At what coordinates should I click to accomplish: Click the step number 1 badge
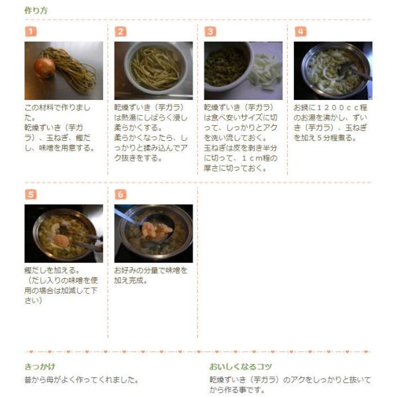[30, 32]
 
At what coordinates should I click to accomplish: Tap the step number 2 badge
[120, 32]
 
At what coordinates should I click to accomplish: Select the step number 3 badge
[210, 32]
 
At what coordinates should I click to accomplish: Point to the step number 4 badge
[300, 32]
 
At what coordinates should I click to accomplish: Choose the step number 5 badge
[30, 195]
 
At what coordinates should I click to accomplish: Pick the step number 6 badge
[120, 195]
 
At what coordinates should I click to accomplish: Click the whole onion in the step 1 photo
[44, 67]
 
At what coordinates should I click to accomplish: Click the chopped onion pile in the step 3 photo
[265, 71]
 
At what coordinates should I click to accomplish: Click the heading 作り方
[36, 11]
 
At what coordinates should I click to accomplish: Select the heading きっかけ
[40, 367]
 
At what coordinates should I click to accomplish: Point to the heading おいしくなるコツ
[241, 367]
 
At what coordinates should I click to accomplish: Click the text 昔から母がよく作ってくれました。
[81, 380]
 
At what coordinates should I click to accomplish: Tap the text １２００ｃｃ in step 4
[335, 108]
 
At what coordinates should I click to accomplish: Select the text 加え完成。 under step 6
[130, 281]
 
